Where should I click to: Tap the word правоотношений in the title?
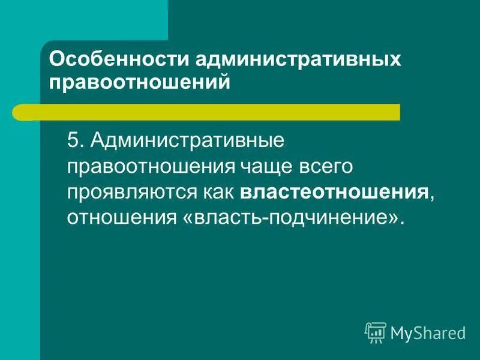[x=140, y=82]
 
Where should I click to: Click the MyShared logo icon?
[x=376, y=331]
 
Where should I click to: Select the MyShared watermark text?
[x=428, y=332]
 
